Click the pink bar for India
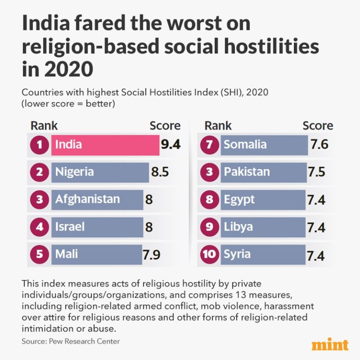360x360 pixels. point(105,145)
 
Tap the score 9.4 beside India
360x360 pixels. point(171,145)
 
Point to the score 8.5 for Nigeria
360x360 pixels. point(160,172)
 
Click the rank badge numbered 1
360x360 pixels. point(40,145)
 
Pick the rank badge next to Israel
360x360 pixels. point(40,227)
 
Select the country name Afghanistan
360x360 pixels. point(88,199)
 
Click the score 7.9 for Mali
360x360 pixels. point(151,255)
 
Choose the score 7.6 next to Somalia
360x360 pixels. point(319,145)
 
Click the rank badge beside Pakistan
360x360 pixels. point(210,172)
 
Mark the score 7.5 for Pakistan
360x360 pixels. point(316,172)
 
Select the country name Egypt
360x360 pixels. point(239,199)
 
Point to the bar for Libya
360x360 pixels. point(262,227)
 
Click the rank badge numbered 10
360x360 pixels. point(210,255)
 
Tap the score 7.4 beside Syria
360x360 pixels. point(316,255)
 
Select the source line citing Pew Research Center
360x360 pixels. point(70,341)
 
